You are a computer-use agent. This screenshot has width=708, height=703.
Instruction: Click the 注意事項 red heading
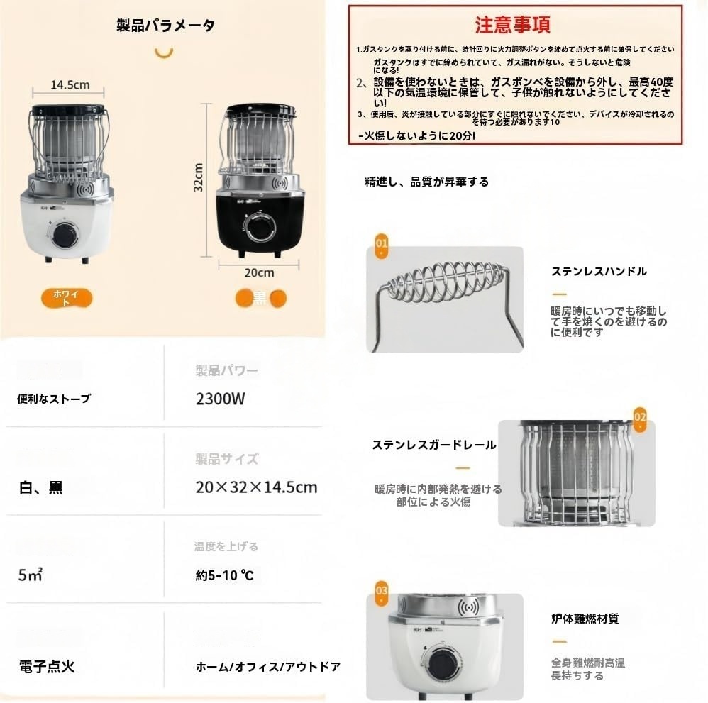[512, 25]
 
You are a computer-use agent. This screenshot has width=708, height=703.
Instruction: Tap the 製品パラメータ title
[165, 26]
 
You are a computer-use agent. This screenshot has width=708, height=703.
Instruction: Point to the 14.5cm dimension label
[70, 84]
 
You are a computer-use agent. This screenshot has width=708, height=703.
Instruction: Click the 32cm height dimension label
[199, 177]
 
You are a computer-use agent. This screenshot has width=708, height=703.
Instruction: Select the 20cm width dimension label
[260, 272]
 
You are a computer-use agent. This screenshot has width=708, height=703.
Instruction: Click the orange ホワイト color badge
[67, 297]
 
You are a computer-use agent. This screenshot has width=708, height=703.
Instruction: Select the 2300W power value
[220, 399]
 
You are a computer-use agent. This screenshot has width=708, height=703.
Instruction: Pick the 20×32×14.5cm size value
[256, 487]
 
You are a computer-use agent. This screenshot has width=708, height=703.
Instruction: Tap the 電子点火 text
[46, 666]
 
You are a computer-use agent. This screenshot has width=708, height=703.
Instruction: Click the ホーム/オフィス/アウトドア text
[268, 667]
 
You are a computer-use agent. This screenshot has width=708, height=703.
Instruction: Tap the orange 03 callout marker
[382, 590]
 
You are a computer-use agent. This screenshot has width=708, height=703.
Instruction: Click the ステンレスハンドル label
[599, 271]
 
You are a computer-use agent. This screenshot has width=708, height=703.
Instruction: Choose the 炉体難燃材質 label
[585, 619]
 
